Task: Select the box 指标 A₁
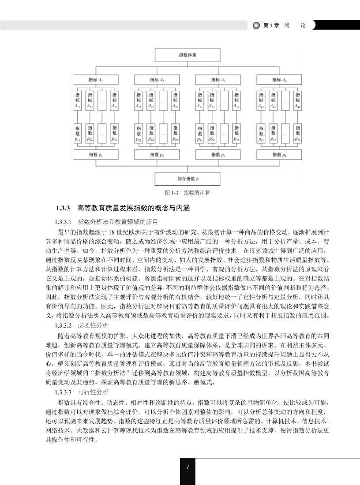(96, 80)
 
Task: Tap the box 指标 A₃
(218, 80)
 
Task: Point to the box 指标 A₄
(279, 80)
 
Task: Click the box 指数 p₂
(157, 155)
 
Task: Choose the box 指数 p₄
(279, 155)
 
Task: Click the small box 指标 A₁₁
(78, 101)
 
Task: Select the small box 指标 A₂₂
(151, 101)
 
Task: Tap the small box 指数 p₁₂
(90, 133)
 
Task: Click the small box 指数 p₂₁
(139, 133)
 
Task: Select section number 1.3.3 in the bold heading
(64, 207)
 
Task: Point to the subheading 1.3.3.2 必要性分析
(80, 325)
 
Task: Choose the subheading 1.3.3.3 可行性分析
(80, 392)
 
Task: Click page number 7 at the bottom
(187, 467)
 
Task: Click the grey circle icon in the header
(256, 26)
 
